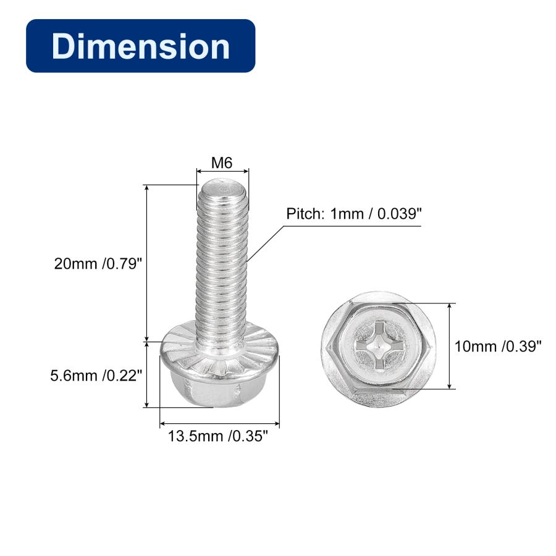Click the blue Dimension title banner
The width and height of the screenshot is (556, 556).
140,46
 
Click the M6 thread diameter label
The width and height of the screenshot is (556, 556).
222,163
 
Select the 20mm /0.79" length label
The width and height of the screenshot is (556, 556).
98,264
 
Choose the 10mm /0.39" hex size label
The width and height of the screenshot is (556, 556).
498,347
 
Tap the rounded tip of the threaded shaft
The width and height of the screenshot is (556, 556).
222,185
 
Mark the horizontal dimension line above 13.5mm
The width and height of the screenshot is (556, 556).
219,424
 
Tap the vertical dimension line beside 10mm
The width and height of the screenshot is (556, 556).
451,346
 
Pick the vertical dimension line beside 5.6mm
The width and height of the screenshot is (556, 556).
147,374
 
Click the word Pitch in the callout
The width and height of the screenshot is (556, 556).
303,214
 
